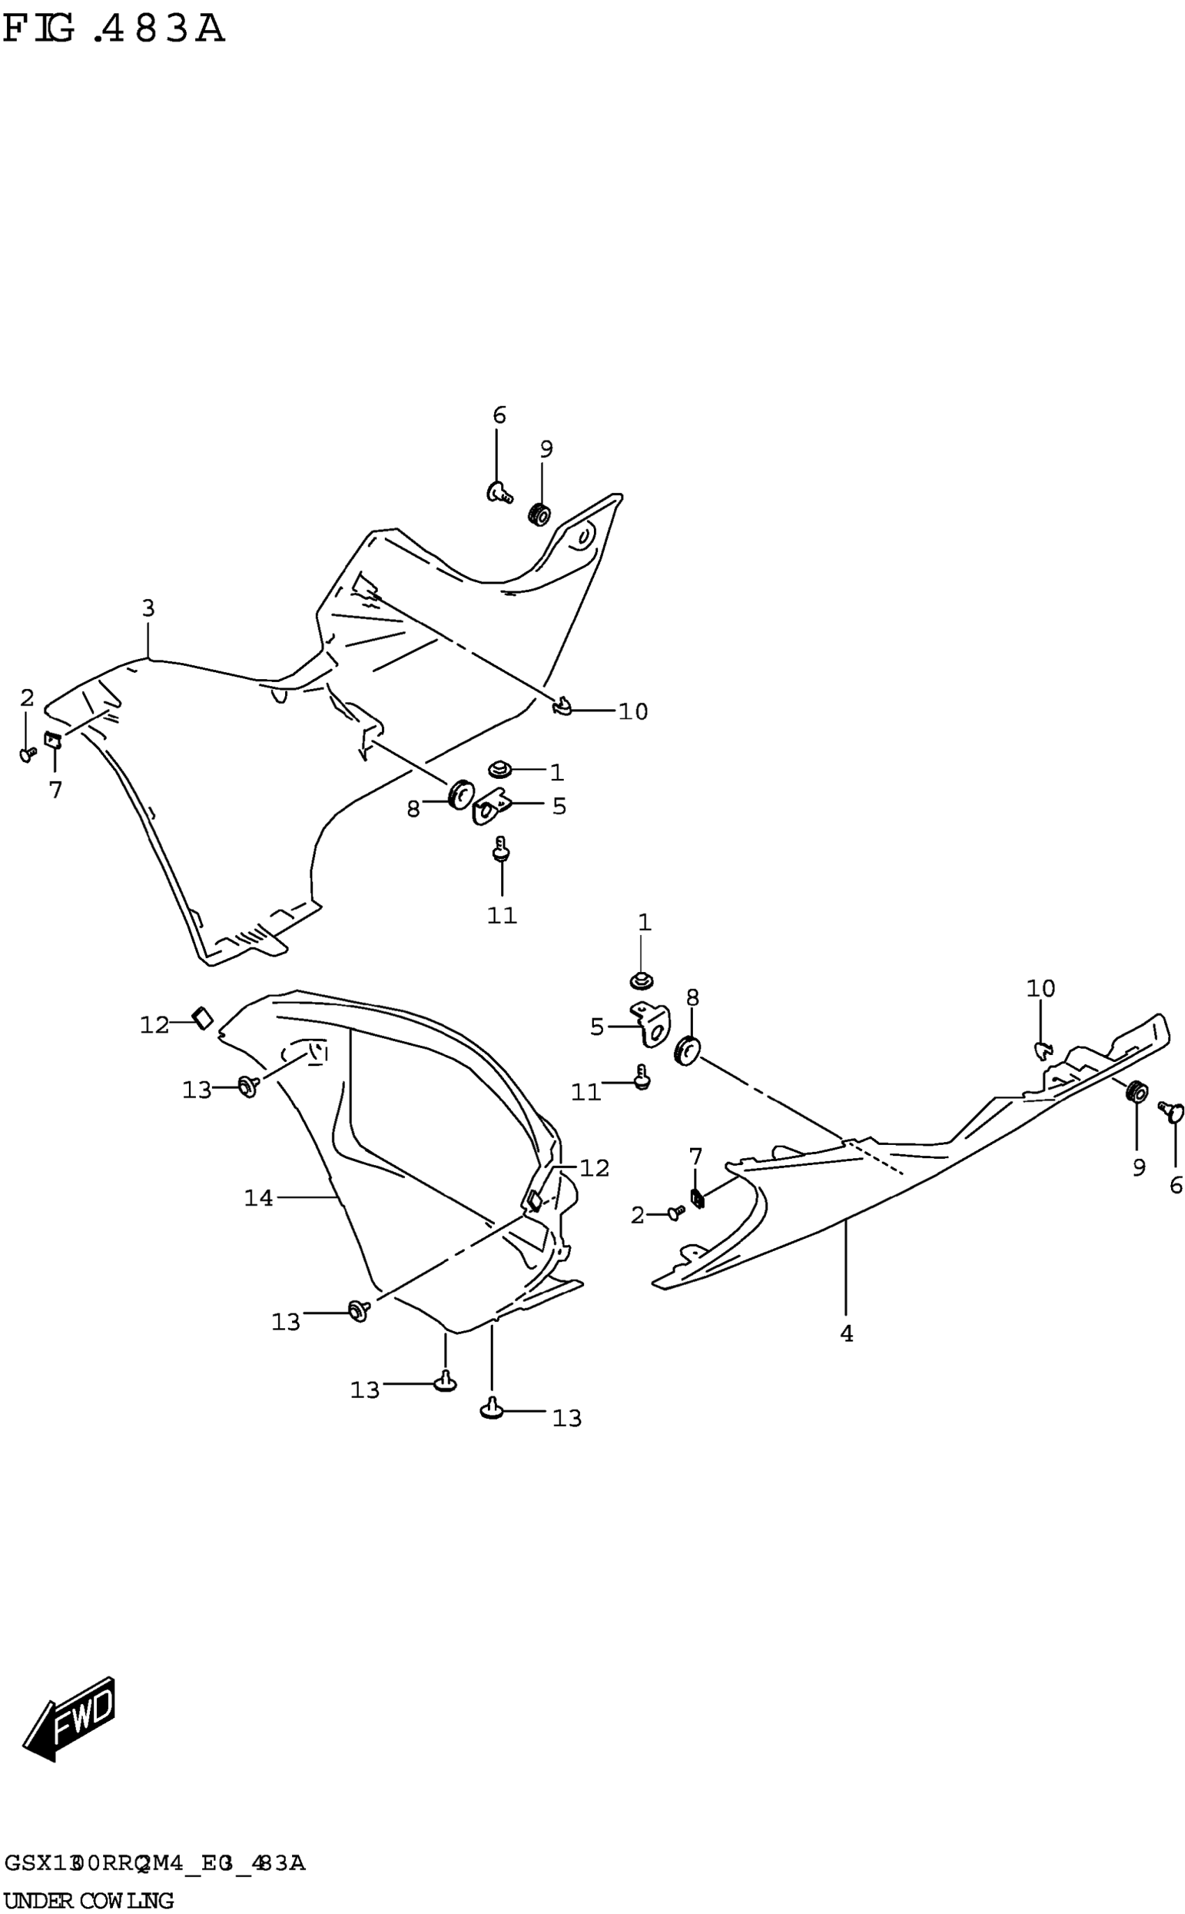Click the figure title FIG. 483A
tap(114, 30)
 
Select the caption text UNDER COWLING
tap(89, 1895)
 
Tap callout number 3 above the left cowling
tap(148, 608)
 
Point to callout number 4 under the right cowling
tap(846, 1333)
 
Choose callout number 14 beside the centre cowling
tap(259, 1198)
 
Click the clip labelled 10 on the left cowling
tap(562, 708)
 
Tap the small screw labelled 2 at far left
tap(28, 754)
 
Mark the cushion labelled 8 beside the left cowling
tap(460, 795)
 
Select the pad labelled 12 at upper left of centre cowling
tap(203, 1017)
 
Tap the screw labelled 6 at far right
tap(1172, 1111)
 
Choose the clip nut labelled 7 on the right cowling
tap(697, 1198)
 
